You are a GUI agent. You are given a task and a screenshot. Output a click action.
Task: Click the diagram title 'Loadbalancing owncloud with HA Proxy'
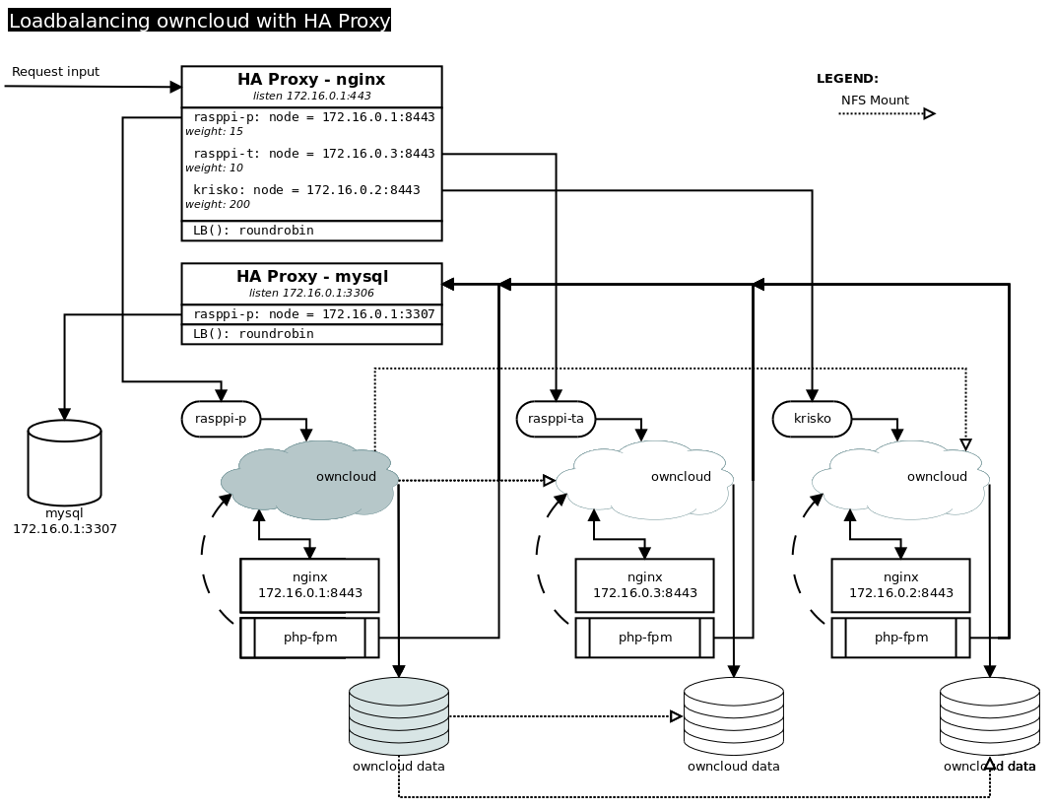(199, 21)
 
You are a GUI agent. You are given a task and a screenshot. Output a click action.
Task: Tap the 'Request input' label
(55, 72)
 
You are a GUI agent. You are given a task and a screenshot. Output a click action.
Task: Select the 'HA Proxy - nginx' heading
(311, 80)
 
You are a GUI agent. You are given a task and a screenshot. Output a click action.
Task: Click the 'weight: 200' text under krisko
(218, 205)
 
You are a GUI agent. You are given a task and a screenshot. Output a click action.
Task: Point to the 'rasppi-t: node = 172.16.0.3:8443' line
(313, 154)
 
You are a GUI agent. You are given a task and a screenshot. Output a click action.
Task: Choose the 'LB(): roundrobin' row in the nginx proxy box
(253, 231)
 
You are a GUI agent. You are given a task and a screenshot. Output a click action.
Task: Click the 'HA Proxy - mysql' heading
(311, 277)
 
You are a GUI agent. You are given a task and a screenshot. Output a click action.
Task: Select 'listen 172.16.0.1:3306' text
(311, 294)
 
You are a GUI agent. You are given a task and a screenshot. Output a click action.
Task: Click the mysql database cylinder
(65, 462)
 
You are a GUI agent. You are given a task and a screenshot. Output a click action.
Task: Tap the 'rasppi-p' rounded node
(221, 419)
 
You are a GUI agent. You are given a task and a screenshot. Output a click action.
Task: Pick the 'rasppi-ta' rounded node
(556, 419)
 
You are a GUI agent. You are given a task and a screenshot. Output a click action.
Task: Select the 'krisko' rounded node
(812, 419)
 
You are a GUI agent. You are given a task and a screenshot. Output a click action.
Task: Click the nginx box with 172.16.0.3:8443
(644, 585)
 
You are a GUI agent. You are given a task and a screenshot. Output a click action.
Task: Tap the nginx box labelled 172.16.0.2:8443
(900, 585)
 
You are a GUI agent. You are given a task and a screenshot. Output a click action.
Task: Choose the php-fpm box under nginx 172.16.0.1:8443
(309, 638)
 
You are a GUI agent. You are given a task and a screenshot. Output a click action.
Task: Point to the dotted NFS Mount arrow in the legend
(886, 114)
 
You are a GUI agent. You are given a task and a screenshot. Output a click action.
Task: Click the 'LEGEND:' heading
(847, 79)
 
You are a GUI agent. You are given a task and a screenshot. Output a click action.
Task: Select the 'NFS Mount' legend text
(875, 101)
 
